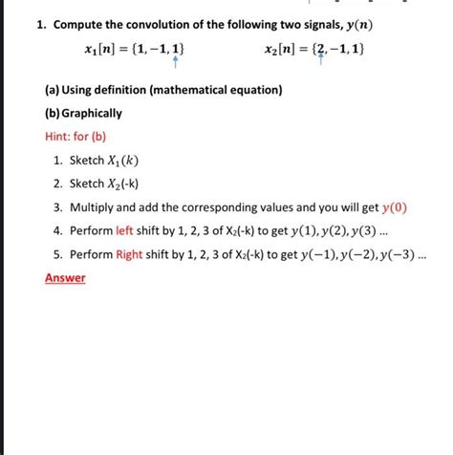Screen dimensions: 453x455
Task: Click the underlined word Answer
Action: pyautogui.click(x=65, y=278)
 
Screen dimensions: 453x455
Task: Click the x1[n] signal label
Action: pyautogui.click(x=102, y=48)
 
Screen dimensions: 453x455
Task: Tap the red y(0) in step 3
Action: pyautogui.click(x=394, y=207)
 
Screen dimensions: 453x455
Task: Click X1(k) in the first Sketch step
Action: pyautogui.click(x=120, y=160)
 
